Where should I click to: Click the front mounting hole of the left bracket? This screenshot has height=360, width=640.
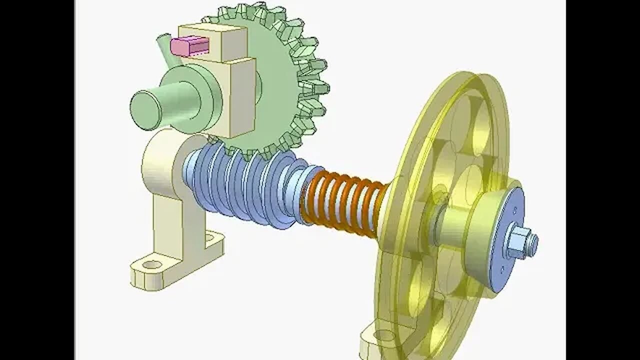point(152,264)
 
